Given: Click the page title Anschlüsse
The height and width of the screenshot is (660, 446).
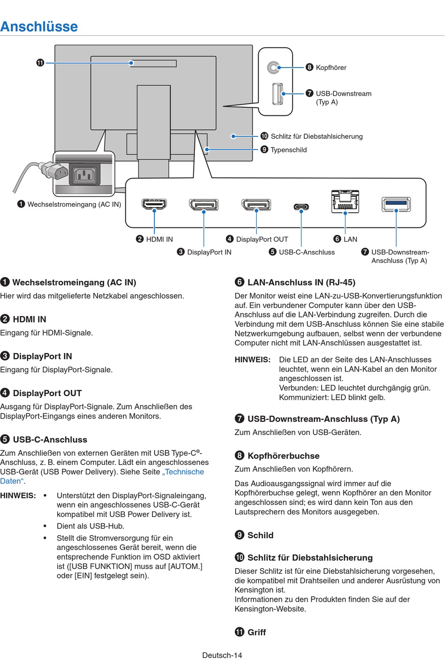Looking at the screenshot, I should [39, 26].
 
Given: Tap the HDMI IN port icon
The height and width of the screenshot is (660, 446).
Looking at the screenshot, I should [154, 204].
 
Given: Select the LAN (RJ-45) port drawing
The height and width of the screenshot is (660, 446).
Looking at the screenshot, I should [345, 202].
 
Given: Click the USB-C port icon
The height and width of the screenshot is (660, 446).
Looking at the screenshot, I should [301, 207].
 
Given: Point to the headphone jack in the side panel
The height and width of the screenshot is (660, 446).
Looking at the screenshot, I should [273, 68].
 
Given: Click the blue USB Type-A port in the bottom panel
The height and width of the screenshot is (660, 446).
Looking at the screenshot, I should [396, 204].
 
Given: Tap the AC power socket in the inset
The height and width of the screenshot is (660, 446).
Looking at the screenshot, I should [85, 176].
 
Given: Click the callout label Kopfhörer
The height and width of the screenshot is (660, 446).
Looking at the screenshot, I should [331, 67].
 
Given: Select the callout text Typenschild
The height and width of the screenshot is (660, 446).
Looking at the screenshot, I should [289, 150].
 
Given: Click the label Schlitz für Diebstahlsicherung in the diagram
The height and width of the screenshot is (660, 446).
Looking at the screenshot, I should [316, 136].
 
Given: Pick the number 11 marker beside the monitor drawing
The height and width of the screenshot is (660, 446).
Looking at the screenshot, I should [40, 62].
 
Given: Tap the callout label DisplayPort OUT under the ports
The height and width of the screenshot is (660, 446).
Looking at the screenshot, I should [262, 239].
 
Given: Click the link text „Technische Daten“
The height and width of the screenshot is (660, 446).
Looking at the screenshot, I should [184, 472].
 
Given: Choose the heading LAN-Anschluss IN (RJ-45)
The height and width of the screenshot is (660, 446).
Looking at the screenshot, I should [301, 282].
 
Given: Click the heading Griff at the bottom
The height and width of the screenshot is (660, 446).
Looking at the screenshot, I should [256, 632].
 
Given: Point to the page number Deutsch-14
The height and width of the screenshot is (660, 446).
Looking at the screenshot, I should [222, 655].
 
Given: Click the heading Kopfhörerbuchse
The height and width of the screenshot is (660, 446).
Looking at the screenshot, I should [283, 456].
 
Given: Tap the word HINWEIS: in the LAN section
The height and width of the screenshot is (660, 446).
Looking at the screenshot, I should [253, 360].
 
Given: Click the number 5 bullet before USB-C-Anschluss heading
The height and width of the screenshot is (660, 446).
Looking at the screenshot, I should [5, 439].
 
